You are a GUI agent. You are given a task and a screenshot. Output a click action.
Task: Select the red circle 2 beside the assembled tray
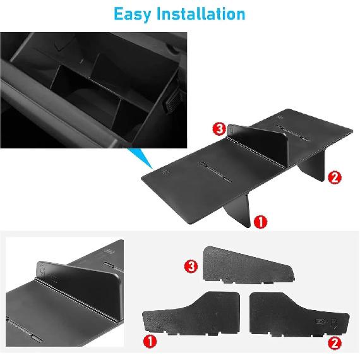(335, 177)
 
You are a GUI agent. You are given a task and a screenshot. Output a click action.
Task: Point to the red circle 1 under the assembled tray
(260, 221)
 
